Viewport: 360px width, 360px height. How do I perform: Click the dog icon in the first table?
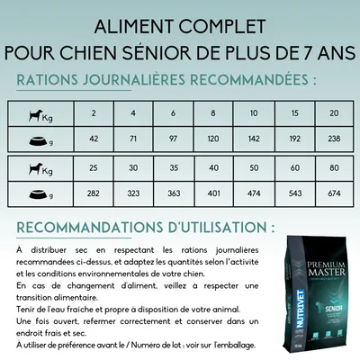[35, 112]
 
